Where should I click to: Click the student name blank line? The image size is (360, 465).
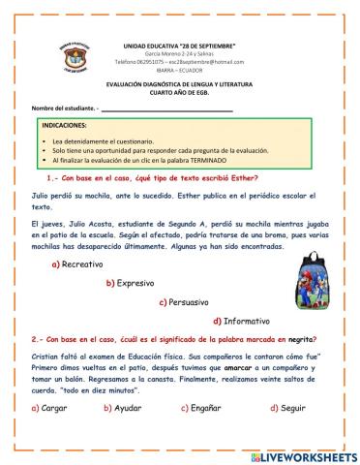pos(183,109)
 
